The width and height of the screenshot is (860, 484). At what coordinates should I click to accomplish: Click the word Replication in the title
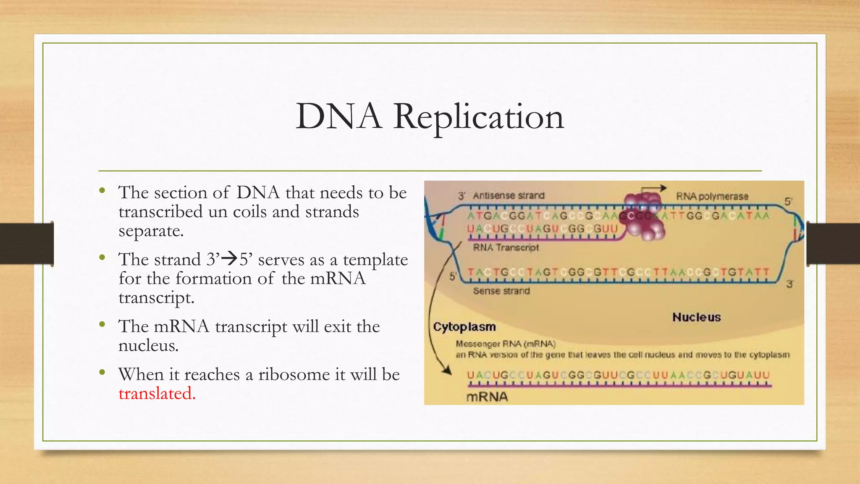tap(478, 117)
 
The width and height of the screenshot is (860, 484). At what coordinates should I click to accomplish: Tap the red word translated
tap(157, 394)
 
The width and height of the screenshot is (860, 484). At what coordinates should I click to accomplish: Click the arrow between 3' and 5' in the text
tap(229, 258)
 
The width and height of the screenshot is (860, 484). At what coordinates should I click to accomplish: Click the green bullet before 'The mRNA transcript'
tap(102, 324)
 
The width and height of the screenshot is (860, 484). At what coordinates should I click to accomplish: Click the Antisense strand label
tap(508, 196)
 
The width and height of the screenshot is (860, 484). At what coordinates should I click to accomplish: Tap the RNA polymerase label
tap(712, 196)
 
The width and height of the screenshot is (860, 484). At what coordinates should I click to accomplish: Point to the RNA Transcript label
tap(506, 247)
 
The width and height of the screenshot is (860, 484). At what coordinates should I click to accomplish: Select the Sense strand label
tap(501, 291)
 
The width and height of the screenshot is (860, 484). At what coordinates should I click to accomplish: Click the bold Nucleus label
tap(696, 317)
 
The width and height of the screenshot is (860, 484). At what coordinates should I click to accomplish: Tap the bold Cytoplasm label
tap(464, 327)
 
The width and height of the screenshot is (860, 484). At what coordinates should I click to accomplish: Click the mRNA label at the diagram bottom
tap(487, 397)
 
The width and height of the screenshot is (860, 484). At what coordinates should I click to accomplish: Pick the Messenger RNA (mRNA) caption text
tap(506, 344)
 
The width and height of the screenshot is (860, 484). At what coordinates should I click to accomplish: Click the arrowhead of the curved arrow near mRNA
tap(447, 371)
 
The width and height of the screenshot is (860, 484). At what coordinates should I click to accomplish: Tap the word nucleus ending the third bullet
tap(148, 346)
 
